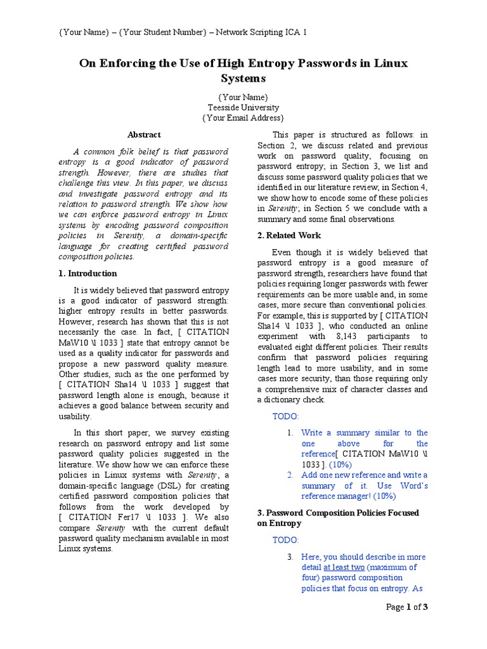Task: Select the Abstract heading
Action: [x=144, y=134]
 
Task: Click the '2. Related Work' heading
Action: [x=289, y=235]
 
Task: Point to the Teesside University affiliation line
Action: [x=243, y=107]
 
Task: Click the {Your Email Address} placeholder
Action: [x=243, y=118]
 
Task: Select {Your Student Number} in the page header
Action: [x=160, y=32]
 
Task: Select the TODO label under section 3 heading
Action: [x=285, y=540]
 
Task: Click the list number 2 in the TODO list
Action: [x=290, y=475]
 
